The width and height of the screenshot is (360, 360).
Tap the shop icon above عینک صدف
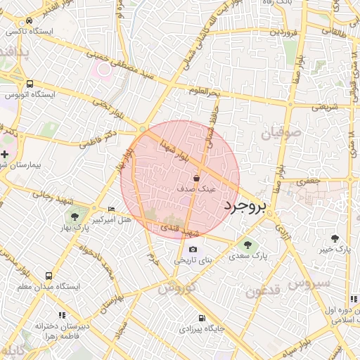(x=205, y=179)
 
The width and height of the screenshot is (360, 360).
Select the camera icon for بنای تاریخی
(x=193, y=250)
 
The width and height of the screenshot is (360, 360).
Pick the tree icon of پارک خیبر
(x=335, y=238)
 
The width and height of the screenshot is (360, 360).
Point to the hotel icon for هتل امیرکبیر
(x=111, y=210)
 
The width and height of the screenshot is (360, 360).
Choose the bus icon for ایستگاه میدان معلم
(x=49, y=276)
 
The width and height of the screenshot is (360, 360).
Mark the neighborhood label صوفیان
(x=281, y=131)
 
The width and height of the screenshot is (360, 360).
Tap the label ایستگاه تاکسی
(x=32, y=32)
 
